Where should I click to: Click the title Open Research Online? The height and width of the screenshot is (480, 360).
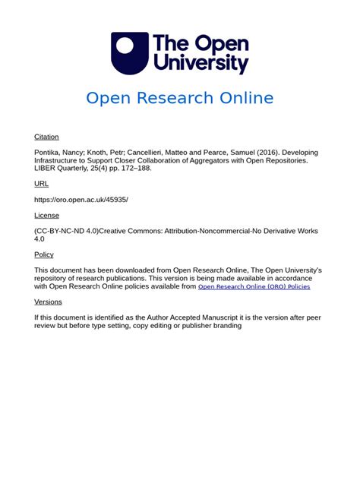(179, 98)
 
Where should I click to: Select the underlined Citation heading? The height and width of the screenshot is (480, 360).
(46, 137)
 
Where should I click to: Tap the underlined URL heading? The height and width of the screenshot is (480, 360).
(41, 184)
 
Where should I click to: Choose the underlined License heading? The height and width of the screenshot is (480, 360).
(46, 215)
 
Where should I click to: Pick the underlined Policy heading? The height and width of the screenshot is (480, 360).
(44, 254)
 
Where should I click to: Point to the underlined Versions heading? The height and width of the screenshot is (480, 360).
(49, 302)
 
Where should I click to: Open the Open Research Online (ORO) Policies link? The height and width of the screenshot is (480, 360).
(254, 287)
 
